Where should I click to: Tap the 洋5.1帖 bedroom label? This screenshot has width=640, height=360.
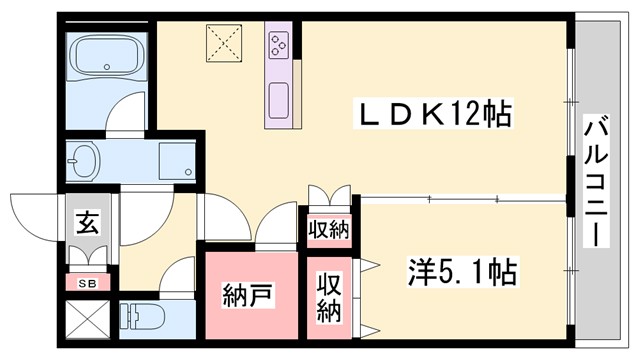(x=460, y=271)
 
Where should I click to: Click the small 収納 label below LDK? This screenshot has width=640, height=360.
(x=327, y=229)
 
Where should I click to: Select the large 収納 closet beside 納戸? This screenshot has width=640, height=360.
(x=330, y=297)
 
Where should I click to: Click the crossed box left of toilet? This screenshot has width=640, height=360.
(x=87, y=322)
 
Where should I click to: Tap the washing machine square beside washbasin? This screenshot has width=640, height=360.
(x=177, y=159)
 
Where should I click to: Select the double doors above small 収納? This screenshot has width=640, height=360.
(x=328, y=194)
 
